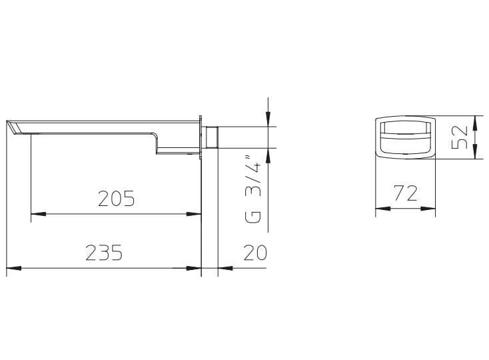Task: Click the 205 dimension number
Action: [x=117, y=199]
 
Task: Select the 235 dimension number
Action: [x=104, y=253]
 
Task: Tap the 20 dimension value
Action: [x=255, y=253]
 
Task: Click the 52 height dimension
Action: [x=460, y=137]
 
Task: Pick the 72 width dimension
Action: [x=406, y=193]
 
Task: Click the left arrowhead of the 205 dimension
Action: [x=39, y=214]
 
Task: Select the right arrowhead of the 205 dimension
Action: [x=194, y=214]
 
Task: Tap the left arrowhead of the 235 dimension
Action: [x=14, y=268]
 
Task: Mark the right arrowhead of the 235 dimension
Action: [x=194, y=268]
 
